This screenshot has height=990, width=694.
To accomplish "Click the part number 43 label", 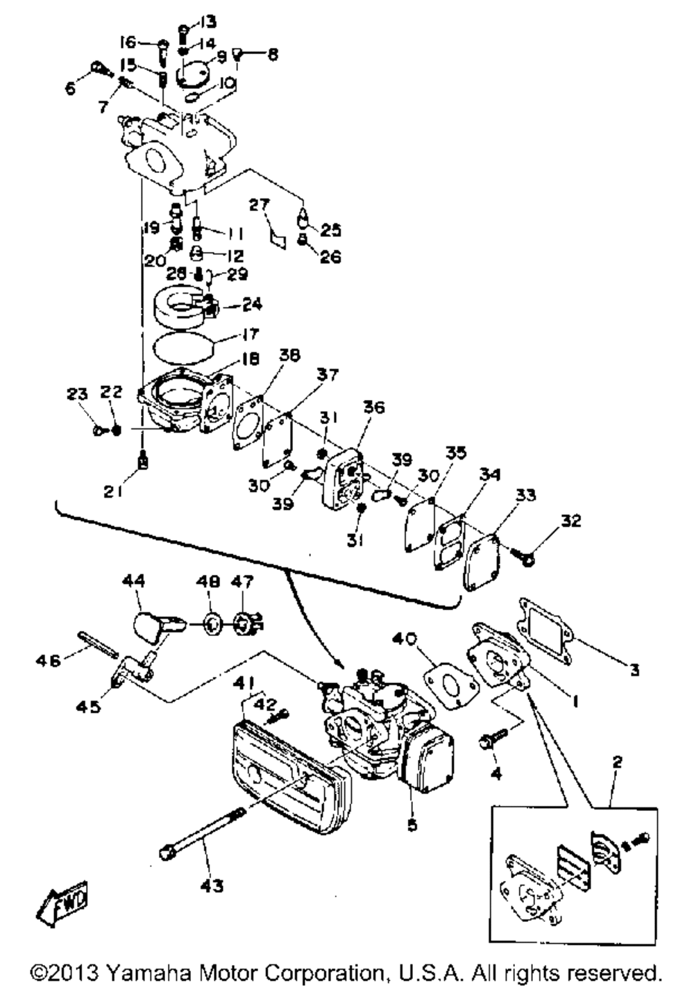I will point(211,886).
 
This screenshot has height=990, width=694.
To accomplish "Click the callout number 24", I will point(253,303).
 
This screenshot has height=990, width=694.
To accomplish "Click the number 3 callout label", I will point(634,670).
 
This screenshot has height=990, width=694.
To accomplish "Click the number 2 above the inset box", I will point(616,762).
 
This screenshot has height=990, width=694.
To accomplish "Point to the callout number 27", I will point(259,204).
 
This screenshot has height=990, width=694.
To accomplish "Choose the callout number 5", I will point(412,825).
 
